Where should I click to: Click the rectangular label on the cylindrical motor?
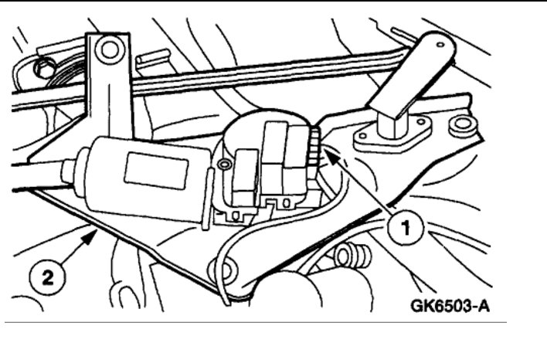pyautogui.click(x=157, y=167)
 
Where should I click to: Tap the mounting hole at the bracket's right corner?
pyautogui.click(x=462, y=123)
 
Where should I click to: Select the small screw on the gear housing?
pyautogui.click(x=225, y=164)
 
